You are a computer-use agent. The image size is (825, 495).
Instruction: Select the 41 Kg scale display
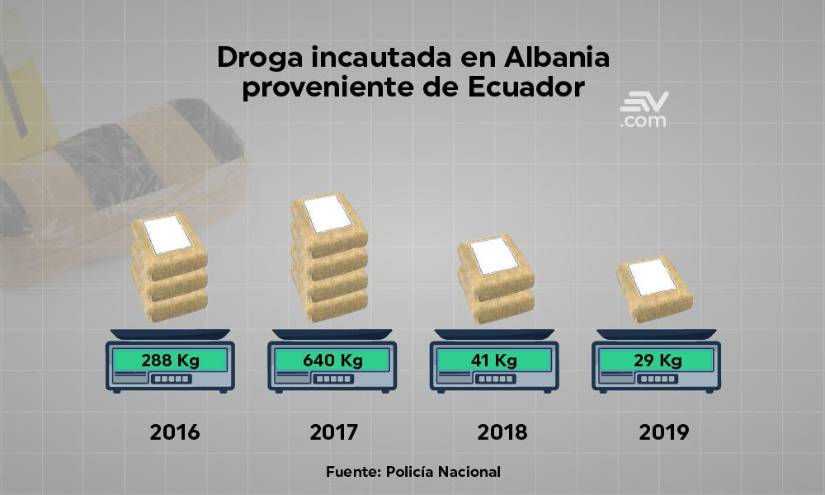point(494,359)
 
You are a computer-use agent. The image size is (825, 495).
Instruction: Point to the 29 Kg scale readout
point(655,359)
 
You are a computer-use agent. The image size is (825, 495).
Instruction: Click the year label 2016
point(175,433)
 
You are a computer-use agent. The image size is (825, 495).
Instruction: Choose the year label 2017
point(335,433)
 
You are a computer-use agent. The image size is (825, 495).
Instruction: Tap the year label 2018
point(502,433)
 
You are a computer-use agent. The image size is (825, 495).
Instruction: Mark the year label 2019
point(664,433)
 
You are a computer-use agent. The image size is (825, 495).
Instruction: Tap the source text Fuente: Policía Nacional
point(413,471)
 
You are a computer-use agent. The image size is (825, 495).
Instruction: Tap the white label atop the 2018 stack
point(494,255)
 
